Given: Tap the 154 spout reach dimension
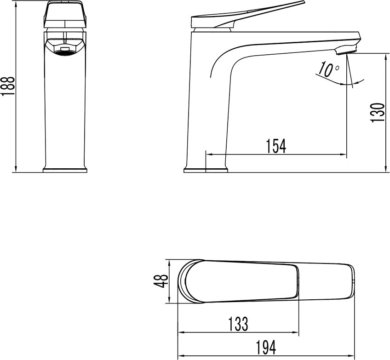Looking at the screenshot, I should click(x=276, y=146).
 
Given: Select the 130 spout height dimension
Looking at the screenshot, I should click(x=378, y=113).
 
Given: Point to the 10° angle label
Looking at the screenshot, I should click(x=327, y=70).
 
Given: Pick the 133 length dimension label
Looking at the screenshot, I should click(x=238, y=324).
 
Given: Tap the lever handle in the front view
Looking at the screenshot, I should click(x=64, y=15).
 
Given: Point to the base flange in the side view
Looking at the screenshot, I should click(x=206, y=170).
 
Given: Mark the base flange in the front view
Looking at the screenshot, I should click(x=65, y=170).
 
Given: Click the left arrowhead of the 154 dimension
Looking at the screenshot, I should click(x=208, y=154).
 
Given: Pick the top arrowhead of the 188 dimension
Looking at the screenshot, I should click(x=16, y=3).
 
